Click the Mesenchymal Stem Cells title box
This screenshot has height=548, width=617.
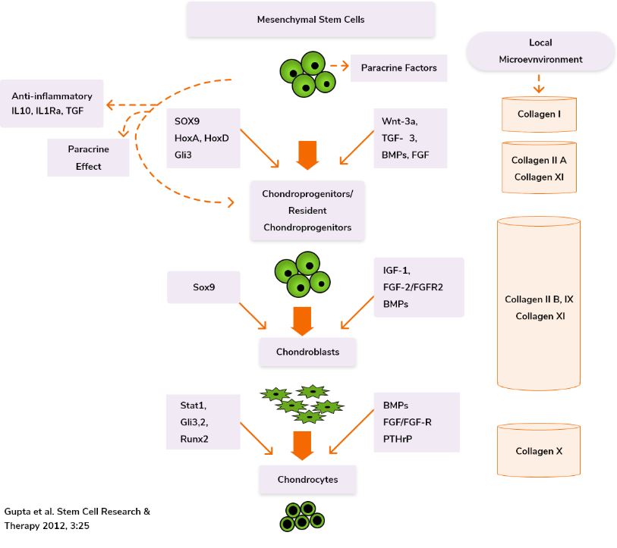coord(311,20)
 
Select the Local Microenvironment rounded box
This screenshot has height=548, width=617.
coord(540,51)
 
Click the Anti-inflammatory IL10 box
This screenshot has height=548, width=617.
coord(52,103)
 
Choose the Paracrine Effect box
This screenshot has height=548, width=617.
coord(88,157)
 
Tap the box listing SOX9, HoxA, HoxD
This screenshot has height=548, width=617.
coord(203,138)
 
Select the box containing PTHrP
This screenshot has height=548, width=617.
coord(417,421)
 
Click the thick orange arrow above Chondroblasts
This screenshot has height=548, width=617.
coord(303,320)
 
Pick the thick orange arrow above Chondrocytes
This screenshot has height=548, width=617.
coord(303,446)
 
